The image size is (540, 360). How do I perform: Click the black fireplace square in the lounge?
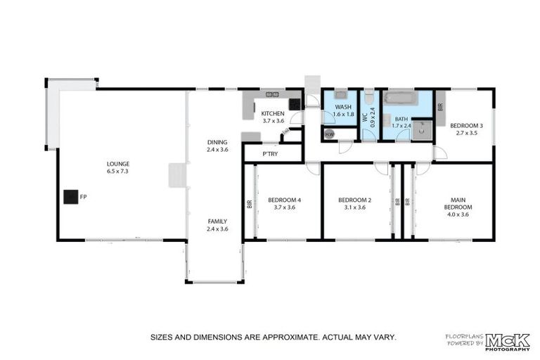tap(70, 197)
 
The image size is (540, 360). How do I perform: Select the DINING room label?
tap(217, 141)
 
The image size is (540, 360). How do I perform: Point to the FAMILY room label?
tap(217, 221)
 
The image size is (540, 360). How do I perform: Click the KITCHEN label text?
tap(273, 113)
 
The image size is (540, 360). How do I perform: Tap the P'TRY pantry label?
tap(270, 154)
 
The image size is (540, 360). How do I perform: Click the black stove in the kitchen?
tap(294, 103)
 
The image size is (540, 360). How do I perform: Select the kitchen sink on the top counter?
tap(272, 94)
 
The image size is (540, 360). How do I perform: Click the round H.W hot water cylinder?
tap(329, 134)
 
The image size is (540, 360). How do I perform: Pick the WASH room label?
tap(343, 107)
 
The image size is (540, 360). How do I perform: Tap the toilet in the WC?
tap(369, 98)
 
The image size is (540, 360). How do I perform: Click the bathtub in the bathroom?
tap(401, 98)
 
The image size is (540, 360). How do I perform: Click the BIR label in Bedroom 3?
tap(440, 108)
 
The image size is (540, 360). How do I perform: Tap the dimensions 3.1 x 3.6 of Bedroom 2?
tap(354, 207)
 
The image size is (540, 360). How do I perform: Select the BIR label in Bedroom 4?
tap(249, 205)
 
